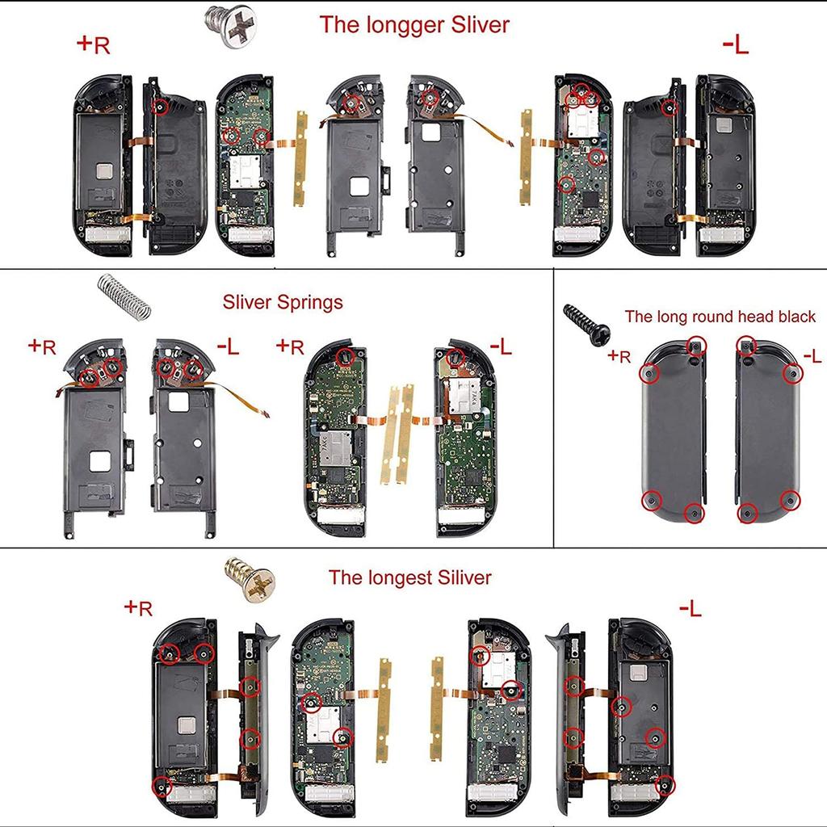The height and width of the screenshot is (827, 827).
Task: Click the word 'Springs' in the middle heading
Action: pyautogui.click(x=308, y=303)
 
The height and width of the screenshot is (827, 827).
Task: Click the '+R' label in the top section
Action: pyautogui.click(x=93, y=44)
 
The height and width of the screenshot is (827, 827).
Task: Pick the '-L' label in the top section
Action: pyautogui.click(x=735, y=45)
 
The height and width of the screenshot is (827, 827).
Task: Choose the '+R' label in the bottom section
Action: pyautogui.click(x=138, y=607)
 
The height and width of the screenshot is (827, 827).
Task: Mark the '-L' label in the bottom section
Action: pyautogui.click(x=690, y=608)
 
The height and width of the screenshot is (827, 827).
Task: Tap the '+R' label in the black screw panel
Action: pyautogui.click(x=619, y=355)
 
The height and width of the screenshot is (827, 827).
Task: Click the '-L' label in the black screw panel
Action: pyautogui.click(x=811, y=355)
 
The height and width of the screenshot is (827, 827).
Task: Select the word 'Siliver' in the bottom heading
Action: pyautogui.click(x=462, y=578)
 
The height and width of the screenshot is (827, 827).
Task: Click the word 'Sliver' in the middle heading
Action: pyautogui.click(x=246, y=303)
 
